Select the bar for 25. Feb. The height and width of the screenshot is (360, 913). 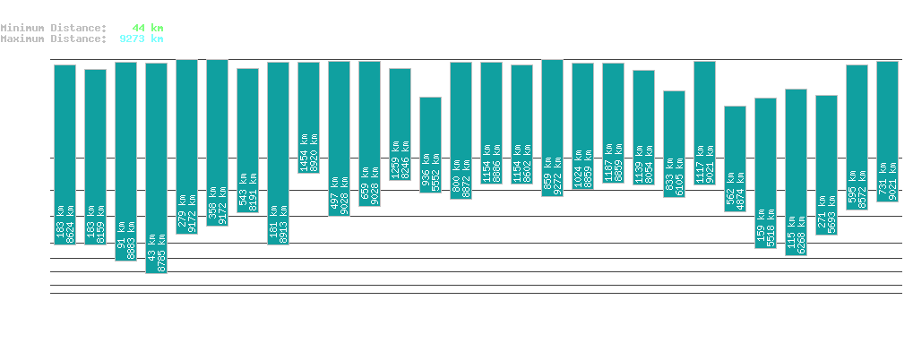tap(430, 144)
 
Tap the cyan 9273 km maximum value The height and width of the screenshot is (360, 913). tap(141, 39)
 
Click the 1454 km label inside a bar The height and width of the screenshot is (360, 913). tap(304, 152)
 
